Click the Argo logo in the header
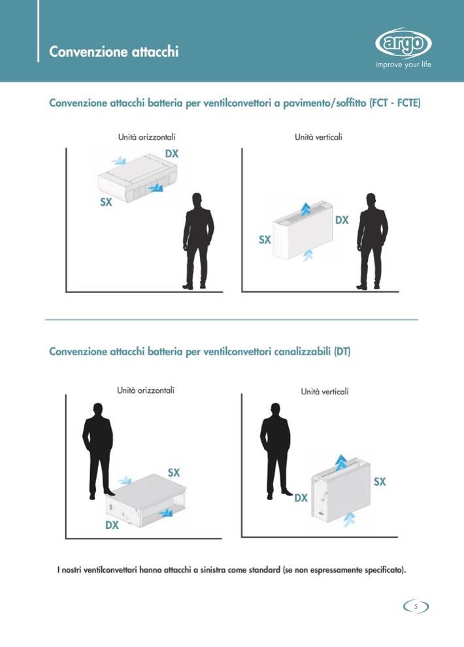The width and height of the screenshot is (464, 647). coord(403,43)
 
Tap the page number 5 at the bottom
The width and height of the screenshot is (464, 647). coord(416,606)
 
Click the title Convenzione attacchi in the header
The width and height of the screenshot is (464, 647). coord(114,52)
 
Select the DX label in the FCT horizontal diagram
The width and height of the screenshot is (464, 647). coord(172,154)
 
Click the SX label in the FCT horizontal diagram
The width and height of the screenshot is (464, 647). coord(106,202)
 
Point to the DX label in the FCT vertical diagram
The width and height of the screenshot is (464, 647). coord(342,220)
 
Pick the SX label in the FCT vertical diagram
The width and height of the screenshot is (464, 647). coord(265,240)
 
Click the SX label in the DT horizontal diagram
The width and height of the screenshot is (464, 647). coord(174,473)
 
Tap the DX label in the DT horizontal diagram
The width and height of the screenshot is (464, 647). coord(112,525)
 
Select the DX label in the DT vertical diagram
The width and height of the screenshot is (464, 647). coord(301,498)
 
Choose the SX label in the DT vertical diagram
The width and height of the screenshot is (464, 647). coord(380,482)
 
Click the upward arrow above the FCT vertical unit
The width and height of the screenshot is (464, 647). coord(305,209)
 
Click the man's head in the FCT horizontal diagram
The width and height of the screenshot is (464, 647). coord(197,201)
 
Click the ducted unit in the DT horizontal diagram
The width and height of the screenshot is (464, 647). coord(146,501)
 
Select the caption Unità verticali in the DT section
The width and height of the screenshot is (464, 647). coord(325,392)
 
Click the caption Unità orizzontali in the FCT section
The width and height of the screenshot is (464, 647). coord(146,137)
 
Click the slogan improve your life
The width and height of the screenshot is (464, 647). coord(403,65)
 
